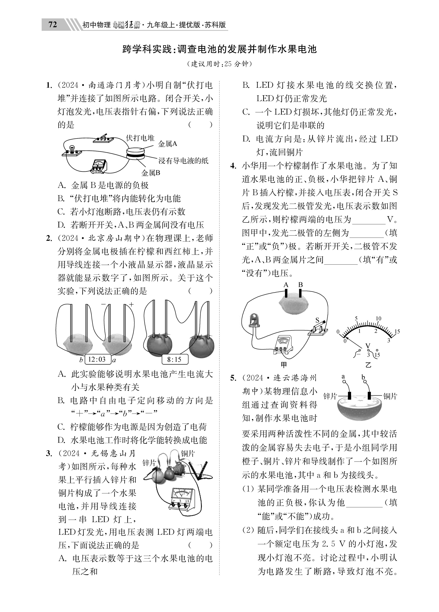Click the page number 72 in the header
click(53, 25)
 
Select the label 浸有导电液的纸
click(183, 161)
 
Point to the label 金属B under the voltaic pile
click(151, 173)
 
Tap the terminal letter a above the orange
click(343, 376)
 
